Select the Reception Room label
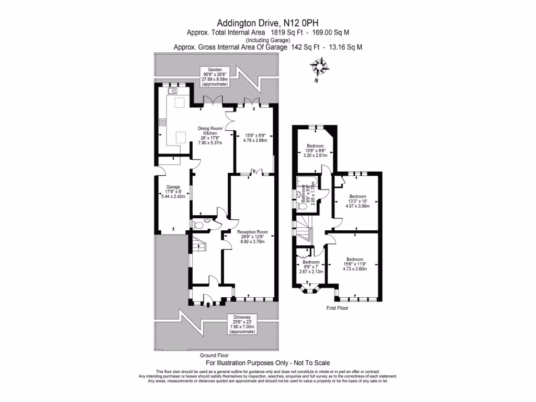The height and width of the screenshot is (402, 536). tap(252, 237)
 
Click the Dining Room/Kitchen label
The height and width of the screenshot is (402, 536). tap(210, 135)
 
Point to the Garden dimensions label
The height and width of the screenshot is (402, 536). tap(216, 76)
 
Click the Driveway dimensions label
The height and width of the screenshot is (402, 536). tap(242, 324)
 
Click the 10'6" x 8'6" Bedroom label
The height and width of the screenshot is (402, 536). tap(315, 151)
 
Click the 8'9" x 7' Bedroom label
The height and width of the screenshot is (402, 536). tap(311, 266)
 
